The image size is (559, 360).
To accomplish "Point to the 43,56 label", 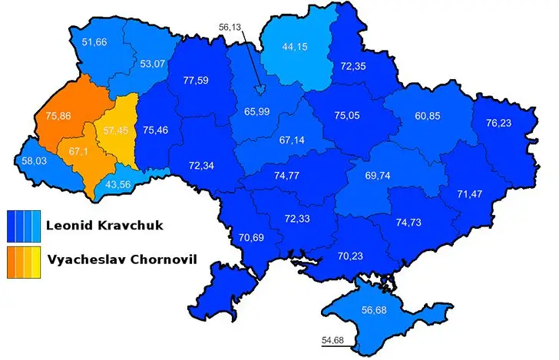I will pos(117,184).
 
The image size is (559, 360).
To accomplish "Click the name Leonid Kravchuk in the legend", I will pos(100,226).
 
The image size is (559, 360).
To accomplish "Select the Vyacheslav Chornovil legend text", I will pos(121,259).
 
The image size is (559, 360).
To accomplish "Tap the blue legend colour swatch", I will pos(22,226).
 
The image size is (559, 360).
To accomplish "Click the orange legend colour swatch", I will pos(22,261).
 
